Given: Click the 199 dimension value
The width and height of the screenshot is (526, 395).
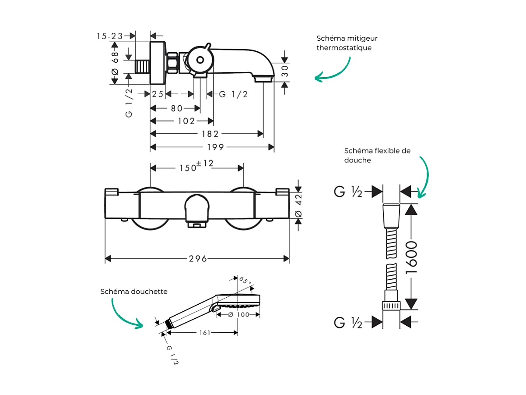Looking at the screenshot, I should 212,147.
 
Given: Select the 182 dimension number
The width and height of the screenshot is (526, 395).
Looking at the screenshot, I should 210,134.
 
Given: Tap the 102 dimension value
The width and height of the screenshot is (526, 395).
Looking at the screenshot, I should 186,121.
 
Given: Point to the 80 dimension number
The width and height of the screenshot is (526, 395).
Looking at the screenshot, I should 176,108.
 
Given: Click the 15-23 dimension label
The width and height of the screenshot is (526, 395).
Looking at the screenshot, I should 110,36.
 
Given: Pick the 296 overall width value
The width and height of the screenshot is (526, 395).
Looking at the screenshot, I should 198,259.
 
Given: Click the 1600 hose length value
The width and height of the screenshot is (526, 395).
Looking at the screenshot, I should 411,257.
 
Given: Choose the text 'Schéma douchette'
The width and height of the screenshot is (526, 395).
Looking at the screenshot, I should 134,292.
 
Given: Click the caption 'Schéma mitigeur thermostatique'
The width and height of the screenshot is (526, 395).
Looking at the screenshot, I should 347,43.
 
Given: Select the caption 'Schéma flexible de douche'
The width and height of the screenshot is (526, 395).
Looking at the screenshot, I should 377,155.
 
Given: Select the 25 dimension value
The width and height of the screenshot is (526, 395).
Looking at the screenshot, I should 158,94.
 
